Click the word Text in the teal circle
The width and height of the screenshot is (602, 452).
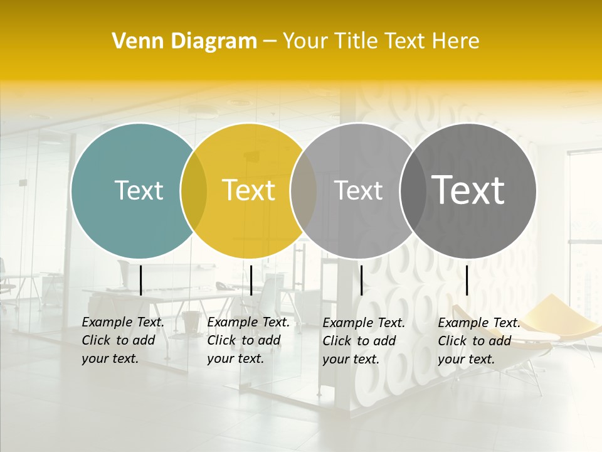(x=139, y=190)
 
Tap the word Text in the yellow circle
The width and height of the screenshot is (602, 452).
(x=248, y=190)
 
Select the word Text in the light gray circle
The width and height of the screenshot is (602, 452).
(x=358, y=190)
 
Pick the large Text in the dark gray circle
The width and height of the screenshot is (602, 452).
(x=468, y=190)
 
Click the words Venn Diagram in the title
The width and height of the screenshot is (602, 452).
(x=184, y=41)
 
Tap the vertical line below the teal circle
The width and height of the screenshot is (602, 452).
(x=140, y=280)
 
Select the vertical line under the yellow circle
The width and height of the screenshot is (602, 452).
(x=251, y=280)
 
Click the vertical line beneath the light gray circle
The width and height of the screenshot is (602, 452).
(x=361, y=280)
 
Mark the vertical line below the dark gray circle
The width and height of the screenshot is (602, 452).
(x=467, y=280)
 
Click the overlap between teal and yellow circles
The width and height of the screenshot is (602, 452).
(x=194, y=190)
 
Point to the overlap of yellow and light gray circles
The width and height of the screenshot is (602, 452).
(x=304, y=190)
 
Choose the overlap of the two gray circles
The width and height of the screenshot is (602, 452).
(x=413, y=190)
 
